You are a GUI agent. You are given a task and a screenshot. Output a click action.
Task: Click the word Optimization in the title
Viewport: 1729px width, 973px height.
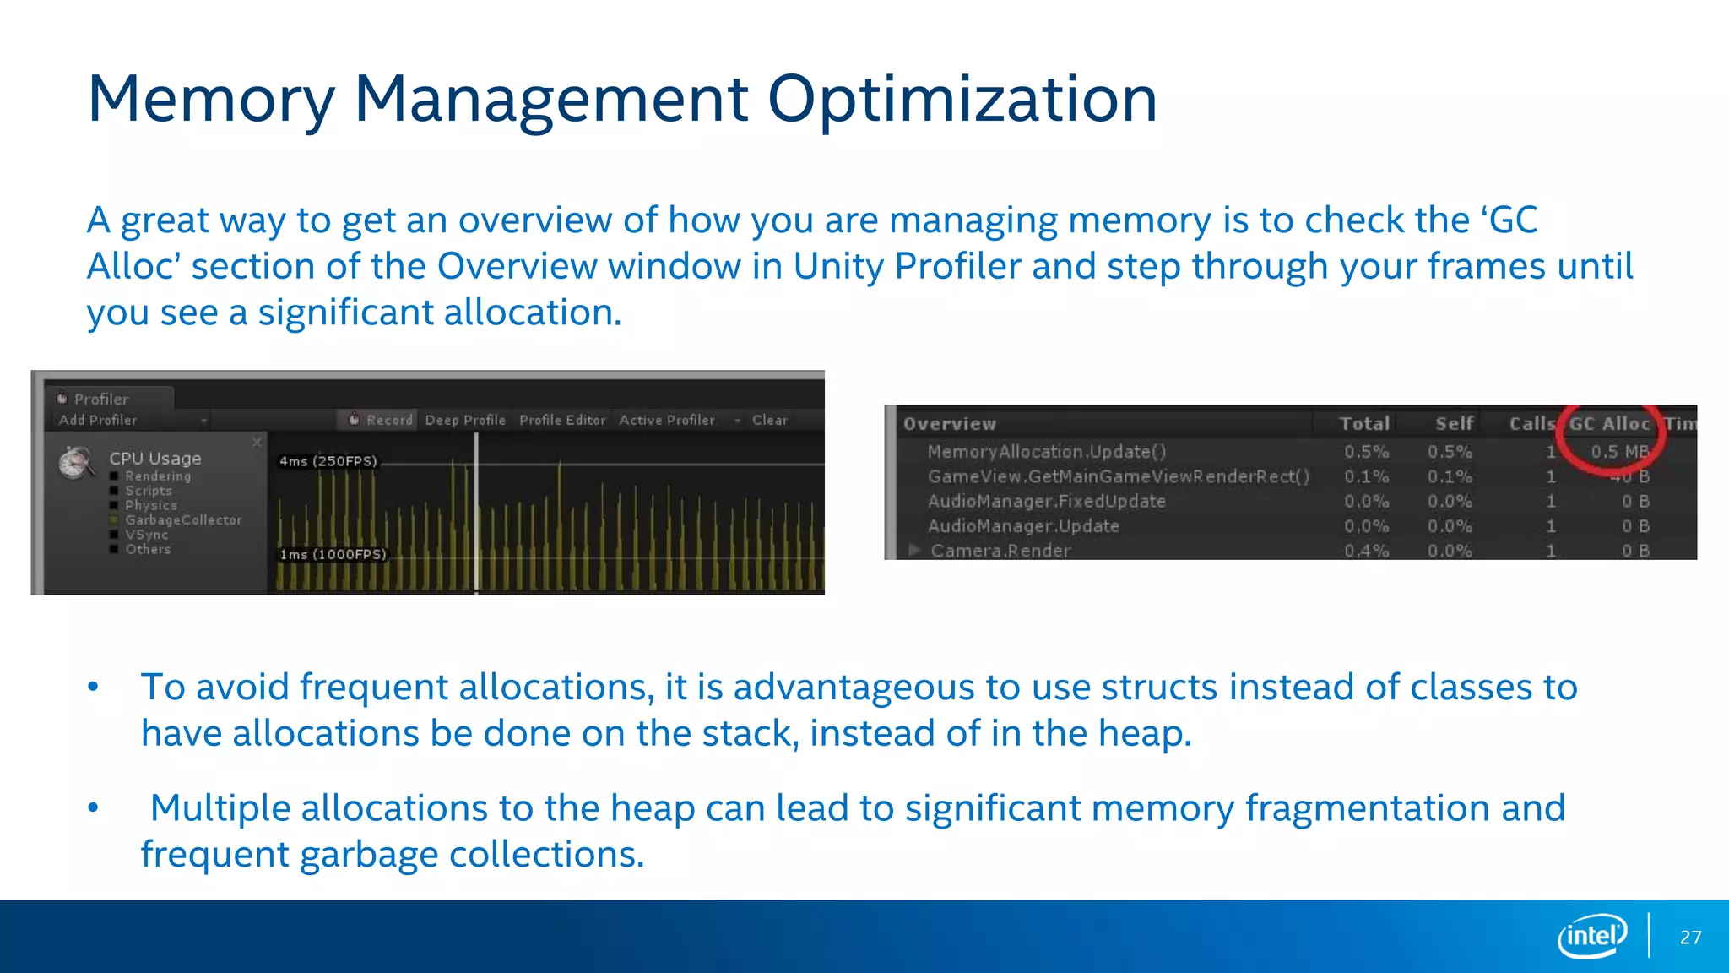[x=962, y=100]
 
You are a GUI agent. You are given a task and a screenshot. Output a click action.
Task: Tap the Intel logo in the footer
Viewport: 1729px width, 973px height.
[x=1591, y=936]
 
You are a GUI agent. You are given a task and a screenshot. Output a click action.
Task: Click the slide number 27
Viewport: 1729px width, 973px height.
[x=1690, y=938]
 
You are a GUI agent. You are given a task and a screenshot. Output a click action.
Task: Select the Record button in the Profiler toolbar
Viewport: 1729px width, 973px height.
[x=382, y=420]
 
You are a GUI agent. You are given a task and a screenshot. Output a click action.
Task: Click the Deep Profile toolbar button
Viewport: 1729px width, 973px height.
[x=465, y=420]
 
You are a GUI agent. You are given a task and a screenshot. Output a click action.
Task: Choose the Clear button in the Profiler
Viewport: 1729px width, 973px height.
[x=769, y=420]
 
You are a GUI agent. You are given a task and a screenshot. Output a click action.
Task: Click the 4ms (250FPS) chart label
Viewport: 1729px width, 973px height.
[x=328, y=461]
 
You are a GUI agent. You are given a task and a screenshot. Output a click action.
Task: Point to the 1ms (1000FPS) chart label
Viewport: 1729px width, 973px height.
[x=333, y=554]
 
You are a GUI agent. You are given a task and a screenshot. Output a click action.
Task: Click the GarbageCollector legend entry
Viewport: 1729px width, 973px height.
[x=183, y=520]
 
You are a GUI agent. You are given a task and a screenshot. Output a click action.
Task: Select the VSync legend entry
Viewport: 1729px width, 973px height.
[x=147, y=535]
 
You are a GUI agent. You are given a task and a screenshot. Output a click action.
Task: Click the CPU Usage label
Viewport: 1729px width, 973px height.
[x=155, y=459]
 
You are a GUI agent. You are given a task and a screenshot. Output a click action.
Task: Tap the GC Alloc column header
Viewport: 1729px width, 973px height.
[x=1609, y=424]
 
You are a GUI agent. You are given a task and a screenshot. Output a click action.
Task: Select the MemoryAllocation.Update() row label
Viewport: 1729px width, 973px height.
[x=1047, y=452]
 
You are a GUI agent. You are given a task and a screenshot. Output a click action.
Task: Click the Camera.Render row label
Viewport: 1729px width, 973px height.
[x=1000, y=551]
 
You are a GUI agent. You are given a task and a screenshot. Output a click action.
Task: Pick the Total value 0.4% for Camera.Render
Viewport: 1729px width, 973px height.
[x=1366, y=551]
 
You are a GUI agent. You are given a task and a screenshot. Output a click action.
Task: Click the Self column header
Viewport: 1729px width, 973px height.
[x=1454, y=424]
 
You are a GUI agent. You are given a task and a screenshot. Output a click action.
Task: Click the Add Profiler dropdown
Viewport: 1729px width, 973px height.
[x=131, y=420]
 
